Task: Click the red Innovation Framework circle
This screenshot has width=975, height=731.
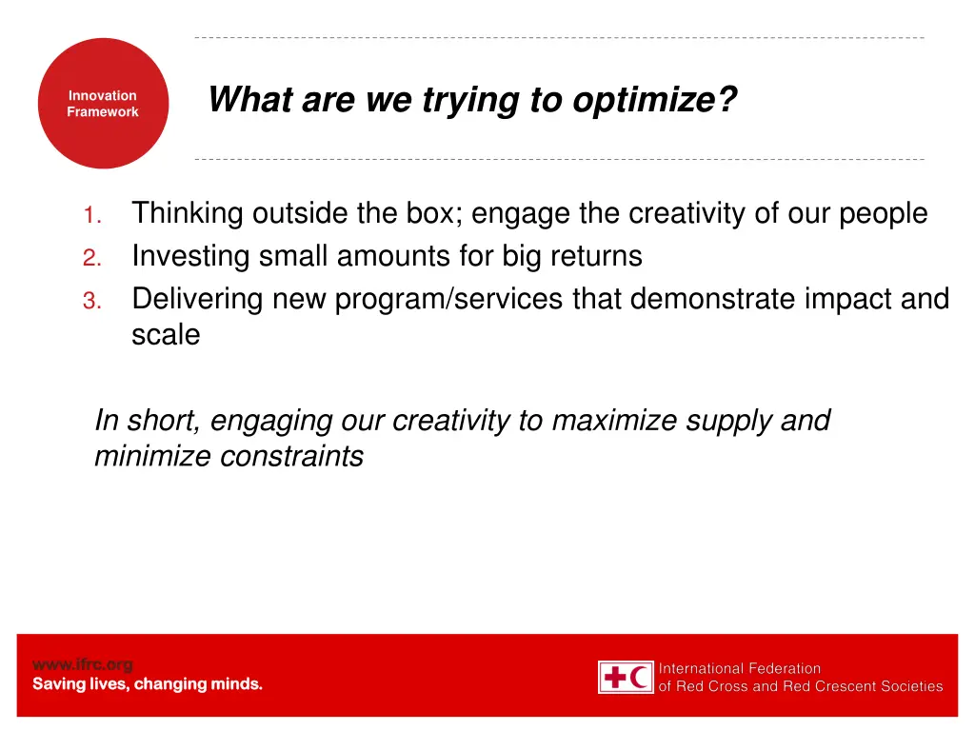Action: pyautogui.click(x=103, y=104)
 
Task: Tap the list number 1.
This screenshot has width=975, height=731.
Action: pyautogui.click(x=91, y=216)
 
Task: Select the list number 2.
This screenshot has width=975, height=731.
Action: pyautogui.click(x=90, y=258)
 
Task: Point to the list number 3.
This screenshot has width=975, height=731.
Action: pyautogui.click(x=90, y=302)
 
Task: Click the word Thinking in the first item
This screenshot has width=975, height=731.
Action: pyautogui.click(x=188, y=214)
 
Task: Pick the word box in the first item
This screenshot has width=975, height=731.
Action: pyautogui.click(x=432, y=214)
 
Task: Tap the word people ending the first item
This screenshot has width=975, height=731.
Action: pyautogui.click(x=883, y=214)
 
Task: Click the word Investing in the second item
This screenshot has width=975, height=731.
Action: pyautogui.click(x=191, y=257)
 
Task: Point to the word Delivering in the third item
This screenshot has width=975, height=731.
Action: pyautogui.click(x=198, y=300)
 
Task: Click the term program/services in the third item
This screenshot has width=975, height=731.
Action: pyautogui.click(x=449, y=300)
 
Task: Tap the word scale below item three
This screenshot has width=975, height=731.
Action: pyautogui.click(x=166, y=335)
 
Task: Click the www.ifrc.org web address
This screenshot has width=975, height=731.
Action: pyautogui.click(x=83, y=664)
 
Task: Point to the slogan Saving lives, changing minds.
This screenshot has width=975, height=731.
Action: pyautogui.click(x=148, y=684)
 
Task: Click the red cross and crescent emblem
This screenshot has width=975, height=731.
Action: pyautogui.click(x=626, y=677)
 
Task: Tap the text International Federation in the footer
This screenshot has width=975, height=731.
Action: pyautogui.click(x=740, y=668)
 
